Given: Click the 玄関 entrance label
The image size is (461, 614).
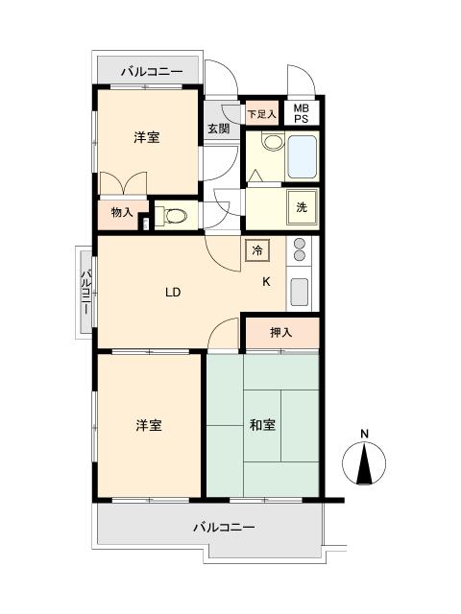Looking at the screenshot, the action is pos(218,128).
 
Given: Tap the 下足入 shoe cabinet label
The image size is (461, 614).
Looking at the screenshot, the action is pos(262,114).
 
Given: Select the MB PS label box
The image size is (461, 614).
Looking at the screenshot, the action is pos(301,113).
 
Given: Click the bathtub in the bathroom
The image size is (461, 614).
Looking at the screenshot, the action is pos(302,156).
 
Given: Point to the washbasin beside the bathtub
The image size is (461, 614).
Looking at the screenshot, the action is pos(273,141).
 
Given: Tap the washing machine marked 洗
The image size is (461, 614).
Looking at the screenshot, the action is pos(302,207).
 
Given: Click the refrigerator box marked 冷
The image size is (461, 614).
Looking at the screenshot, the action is pos(257,250).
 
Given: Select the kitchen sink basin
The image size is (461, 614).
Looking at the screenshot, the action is pos(300,292).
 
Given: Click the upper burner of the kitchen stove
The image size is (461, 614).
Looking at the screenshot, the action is pos(300,244).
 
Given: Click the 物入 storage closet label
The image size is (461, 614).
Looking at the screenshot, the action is pos(122,213).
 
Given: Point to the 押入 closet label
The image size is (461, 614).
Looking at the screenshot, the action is pos(281,333).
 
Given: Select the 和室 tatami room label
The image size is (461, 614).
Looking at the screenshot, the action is pos(262,424).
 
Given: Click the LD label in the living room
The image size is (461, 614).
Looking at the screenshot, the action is pos(173,292).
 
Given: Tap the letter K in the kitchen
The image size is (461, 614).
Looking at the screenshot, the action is pos(266,281).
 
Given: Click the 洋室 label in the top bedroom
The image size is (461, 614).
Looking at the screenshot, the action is pos(147,137).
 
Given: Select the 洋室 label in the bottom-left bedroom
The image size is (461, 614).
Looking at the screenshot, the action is pos(149,425).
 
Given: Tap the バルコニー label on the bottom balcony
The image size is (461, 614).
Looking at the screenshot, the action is pos(224,527).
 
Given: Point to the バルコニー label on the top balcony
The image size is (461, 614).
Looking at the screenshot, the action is pos(152,72).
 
